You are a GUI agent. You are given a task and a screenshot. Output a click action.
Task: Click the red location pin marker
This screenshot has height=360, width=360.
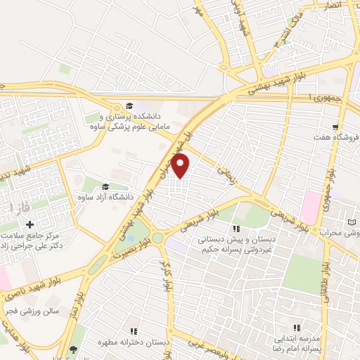181,166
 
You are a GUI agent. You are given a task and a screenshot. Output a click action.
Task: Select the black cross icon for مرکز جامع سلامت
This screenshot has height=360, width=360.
30,224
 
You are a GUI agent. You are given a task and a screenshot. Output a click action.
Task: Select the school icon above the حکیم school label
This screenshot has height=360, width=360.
237,228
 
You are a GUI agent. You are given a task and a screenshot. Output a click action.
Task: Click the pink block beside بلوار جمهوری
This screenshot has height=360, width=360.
309,207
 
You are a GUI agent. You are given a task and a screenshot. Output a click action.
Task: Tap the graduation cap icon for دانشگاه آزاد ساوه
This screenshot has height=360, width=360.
105,186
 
